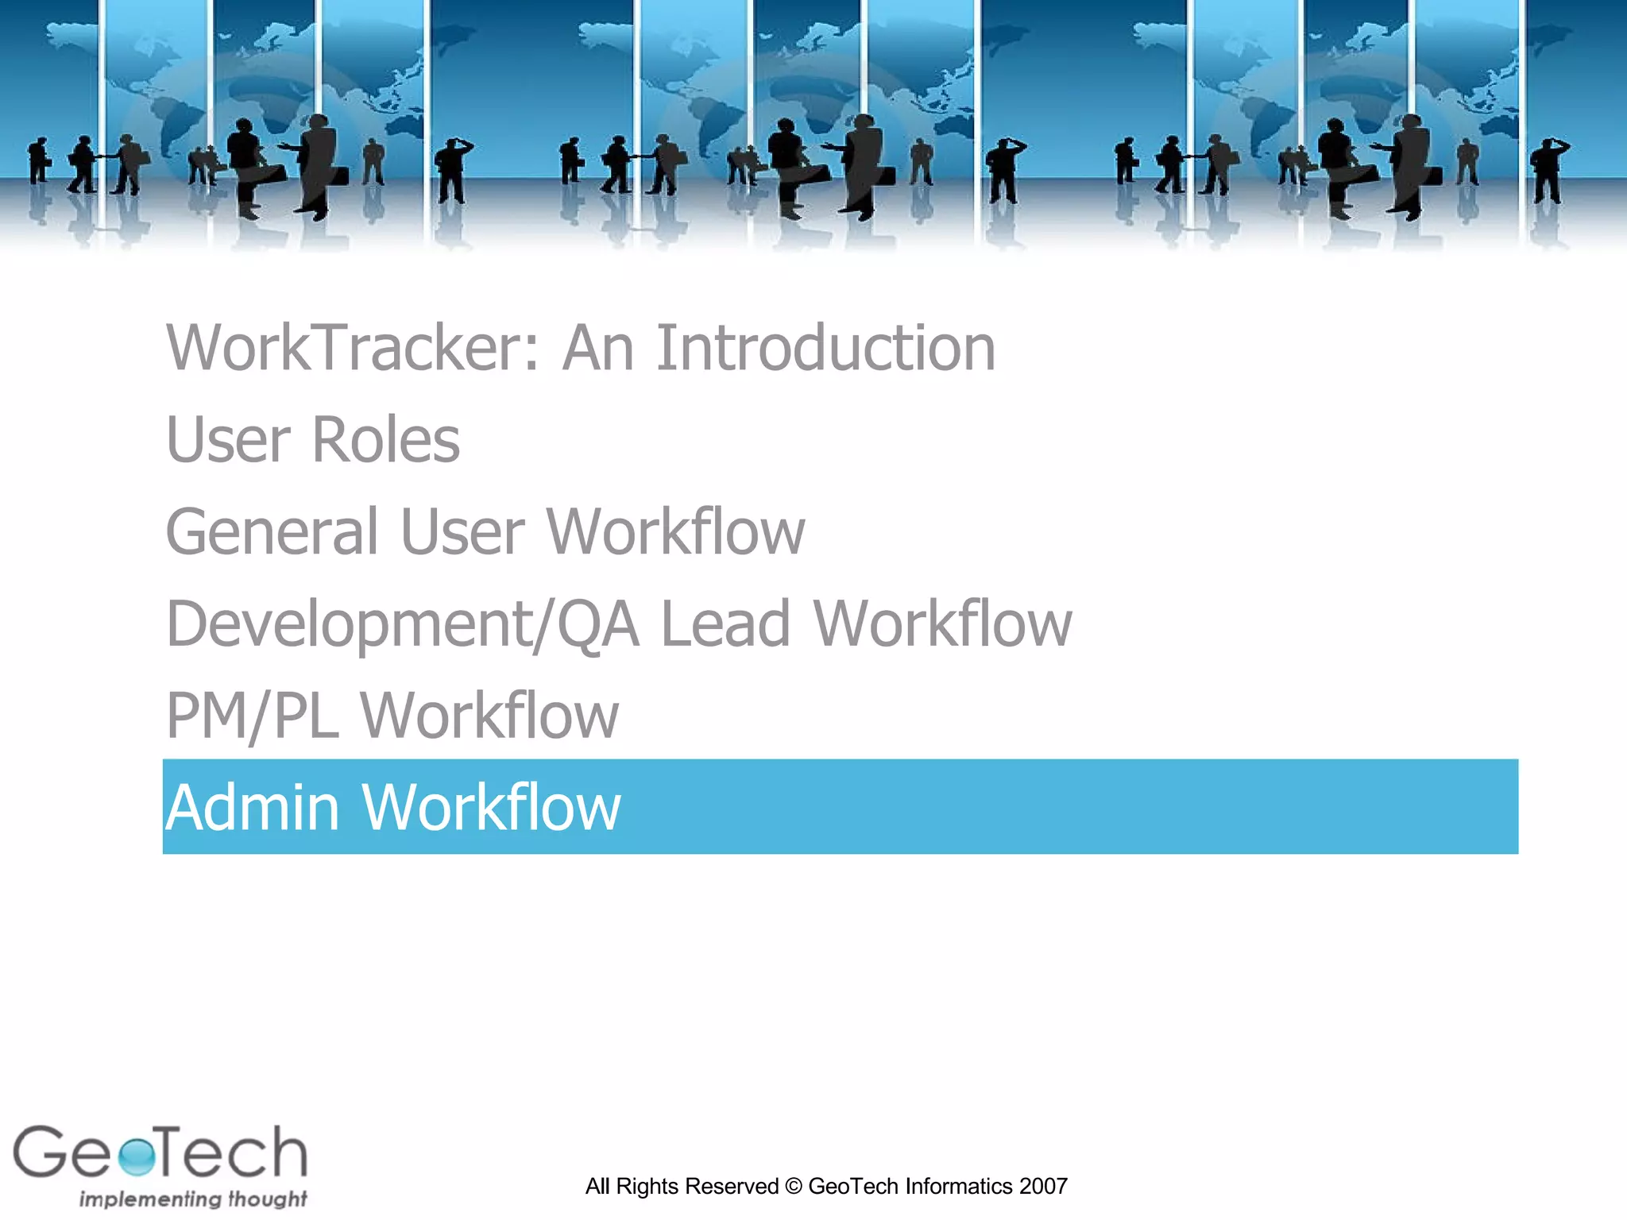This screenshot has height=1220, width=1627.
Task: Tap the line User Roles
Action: (x=312, y=440)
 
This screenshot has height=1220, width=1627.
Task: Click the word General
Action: (x=272, y=532)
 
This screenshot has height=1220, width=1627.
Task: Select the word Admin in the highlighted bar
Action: (x=252, y=808)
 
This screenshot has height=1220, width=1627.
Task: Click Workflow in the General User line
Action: (x=675, y=532)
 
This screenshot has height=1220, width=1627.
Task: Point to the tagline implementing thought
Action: (x=192, y=1199)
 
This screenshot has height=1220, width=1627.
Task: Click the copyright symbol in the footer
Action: (x=793, y=1187)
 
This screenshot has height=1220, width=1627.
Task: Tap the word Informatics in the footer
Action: (x=958, y=1187)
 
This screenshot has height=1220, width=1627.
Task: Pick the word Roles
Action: (x=386, y=440)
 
